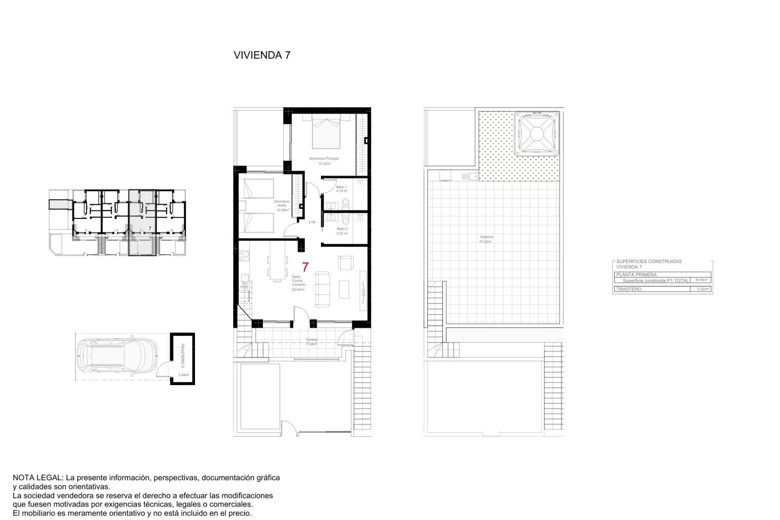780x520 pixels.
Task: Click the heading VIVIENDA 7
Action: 262,55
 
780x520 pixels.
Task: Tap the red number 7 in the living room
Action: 305,267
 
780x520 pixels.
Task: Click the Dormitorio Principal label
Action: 324,158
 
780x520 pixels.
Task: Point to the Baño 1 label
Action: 341,187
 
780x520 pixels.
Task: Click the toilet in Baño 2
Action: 345,221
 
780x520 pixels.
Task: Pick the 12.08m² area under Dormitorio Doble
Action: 282,210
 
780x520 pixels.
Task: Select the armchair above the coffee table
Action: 346,262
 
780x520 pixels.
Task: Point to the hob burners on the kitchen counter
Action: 244,256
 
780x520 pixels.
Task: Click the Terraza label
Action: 312,340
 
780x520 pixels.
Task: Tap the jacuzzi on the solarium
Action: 537,134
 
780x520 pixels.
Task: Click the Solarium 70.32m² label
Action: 486,239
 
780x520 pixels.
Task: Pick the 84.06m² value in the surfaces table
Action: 701,280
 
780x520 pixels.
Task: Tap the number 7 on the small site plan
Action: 149,229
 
